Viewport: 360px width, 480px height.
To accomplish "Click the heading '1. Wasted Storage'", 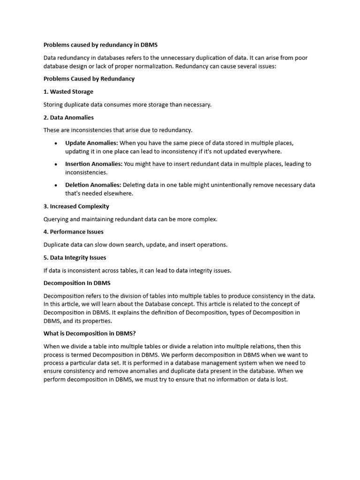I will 68,92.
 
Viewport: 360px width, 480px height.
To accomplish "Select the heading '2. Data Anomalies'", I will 68,117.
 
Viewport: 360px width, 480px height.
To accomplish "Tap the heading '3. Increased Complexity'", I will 76,206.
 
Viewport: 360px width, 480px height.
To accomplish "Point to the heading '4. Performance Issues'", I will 74,232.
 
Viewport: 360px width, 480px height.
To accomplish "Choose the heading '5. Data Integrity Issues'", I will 75,257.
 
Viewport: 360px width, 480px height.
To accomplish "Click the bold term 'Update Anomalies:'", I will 92,143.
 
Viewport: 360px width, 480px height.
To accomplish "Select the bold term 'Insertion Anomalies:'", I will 94,164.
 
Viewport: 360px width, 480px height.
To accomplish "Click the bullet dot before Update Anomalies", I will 56,143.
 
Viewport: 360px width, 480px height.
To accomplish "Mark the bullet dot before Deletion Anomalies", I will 56,186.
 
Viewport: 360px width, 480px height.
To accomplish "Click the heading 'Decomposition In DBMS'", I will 77,283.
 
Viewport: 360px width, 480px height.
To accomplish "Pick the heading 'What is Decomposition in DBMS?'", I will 90,333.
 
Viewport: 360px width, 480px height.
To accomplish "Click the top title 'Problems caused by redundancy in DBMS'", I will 101,45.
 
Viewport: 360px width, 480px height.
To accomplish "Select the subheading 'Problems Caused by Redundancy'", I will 89,79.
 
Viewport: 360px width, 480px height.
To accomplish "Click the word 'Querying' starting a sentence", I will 56,219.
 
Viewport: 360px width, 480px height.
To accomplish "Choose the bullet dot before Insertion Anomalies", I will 56,165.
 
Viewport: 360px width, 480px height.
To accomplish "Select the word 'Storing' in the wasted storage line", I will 54,105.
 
